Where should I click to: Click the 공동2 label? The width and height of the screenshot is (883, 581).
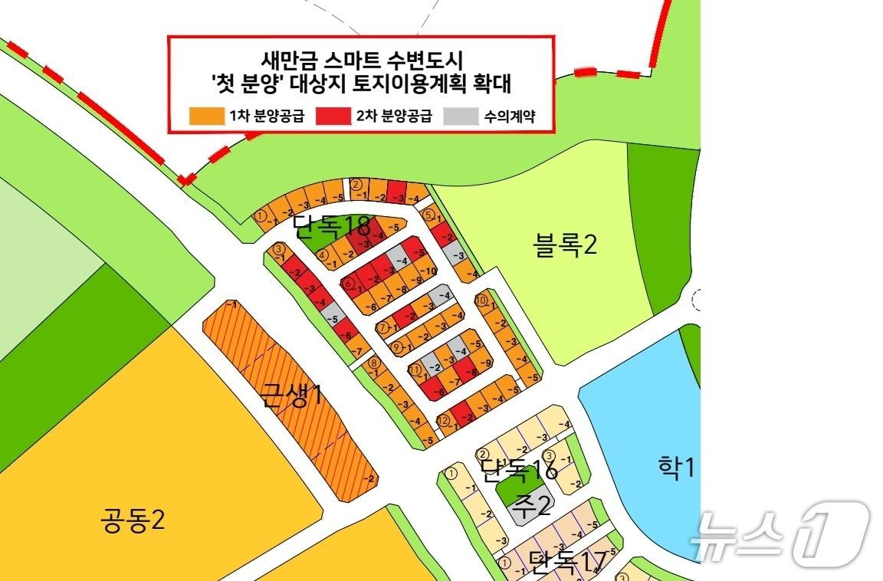[x=132, y=523]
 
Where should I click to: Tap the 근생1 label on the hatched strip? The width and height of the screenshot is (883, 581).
[x=291, y=396]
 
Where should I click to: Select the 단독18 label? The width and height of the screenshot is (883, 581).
[x=333, y=226]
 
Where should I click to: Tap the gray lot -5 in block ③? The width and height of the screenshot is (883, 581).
[x=333, y=318]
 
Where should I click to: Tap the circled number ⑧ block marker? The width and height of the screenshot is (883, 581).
[x=374, y=363]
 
